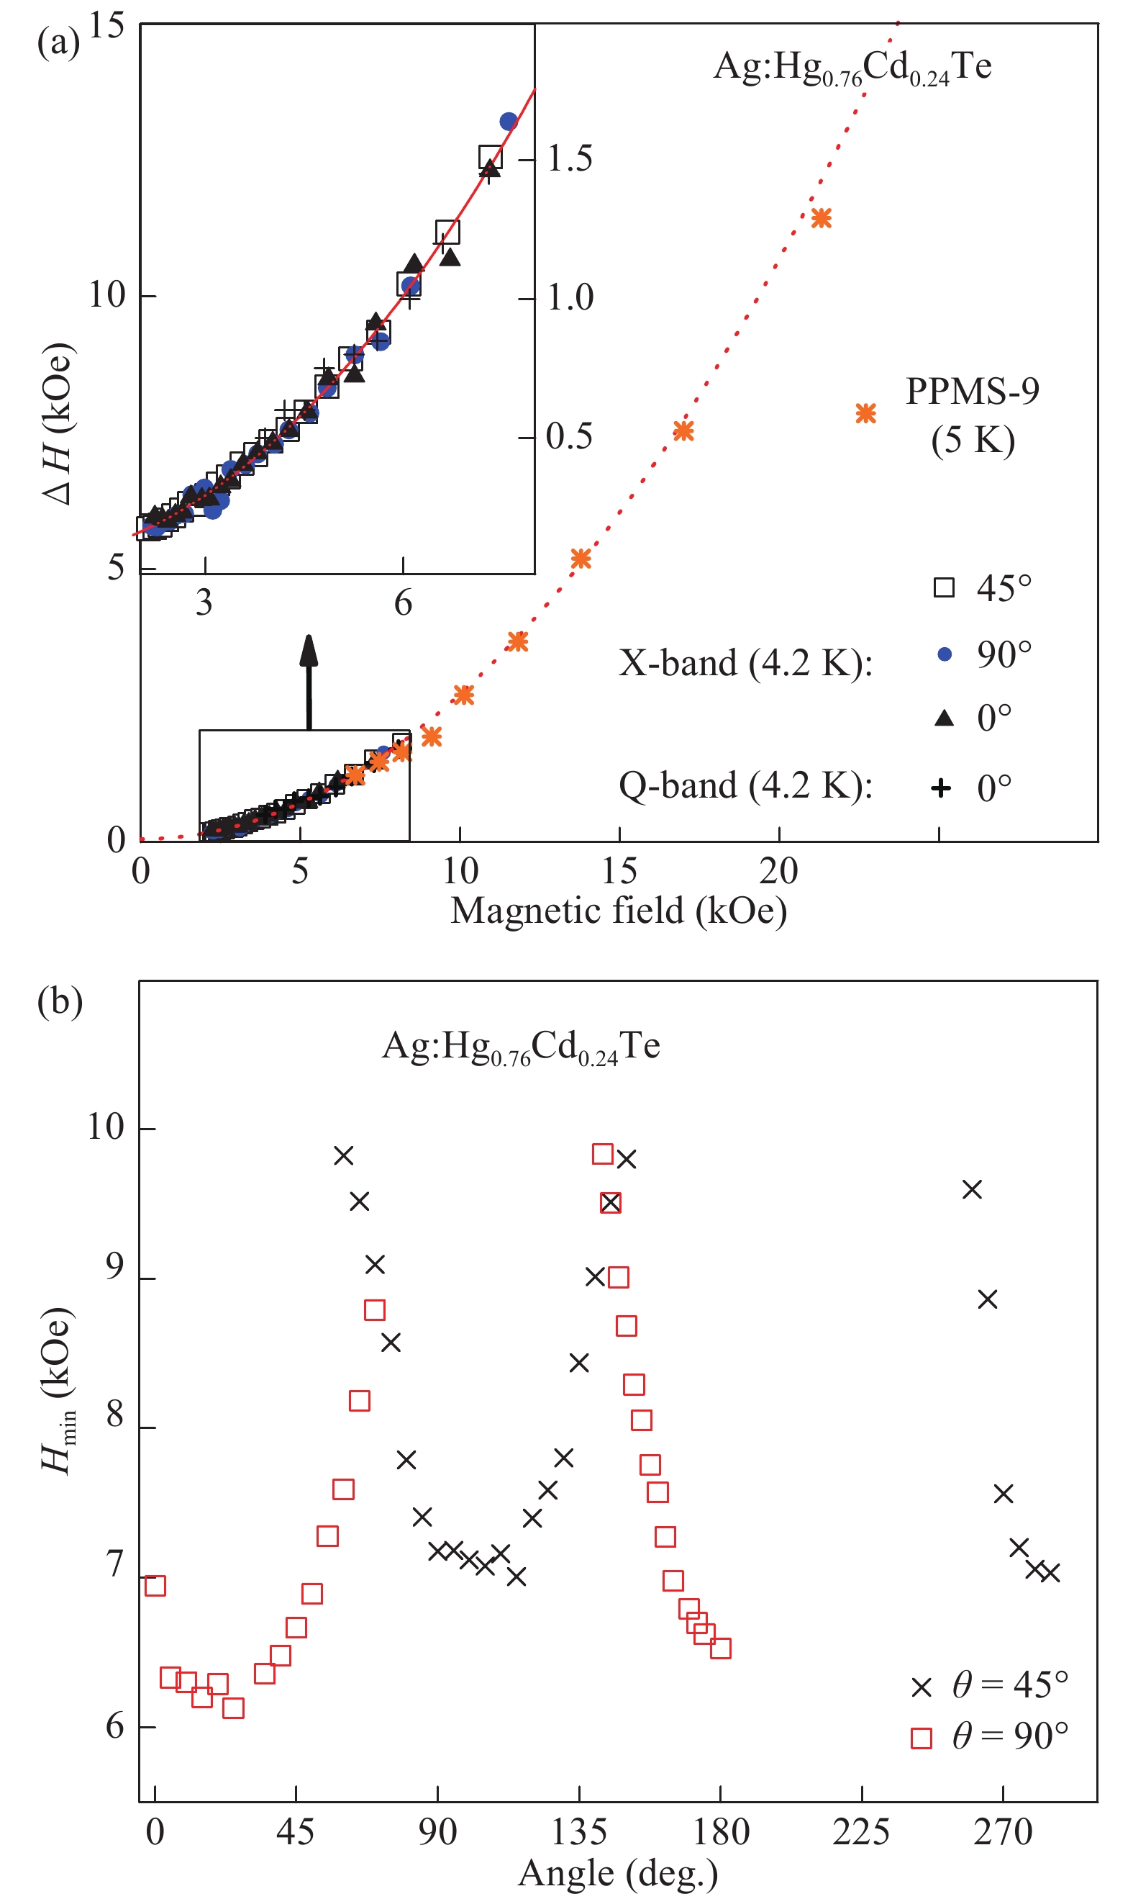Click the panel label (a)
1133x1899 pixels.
58,42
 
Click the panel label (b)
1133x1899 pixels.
60,1001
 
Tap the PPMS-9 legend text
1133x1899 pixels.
972,416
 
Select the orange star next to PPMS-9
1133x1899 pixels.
865,414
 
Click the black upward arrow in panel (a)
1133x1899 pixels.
309,682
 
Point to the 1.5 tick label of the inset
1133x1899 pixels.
570,159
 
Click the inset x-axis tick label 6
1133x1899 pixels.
403,603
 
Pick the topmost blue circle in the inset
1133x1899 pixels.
509,122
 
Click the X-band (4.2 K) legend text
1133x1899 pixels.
745,663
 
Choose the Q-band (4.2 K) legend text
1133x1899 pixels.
745,786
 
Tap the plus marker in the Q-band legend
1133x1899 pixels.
942,788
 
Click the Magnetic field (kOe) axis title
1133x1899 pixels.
619,911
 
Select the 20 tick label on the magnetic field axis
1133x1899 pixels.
779,872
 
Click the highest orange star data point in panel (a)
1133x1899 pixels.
821,218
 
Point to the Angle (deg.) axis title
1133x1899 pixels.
618,1874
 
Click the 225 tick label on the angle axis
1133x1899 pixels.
861,1833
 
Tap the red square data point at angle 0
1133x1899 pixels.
155,1586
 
